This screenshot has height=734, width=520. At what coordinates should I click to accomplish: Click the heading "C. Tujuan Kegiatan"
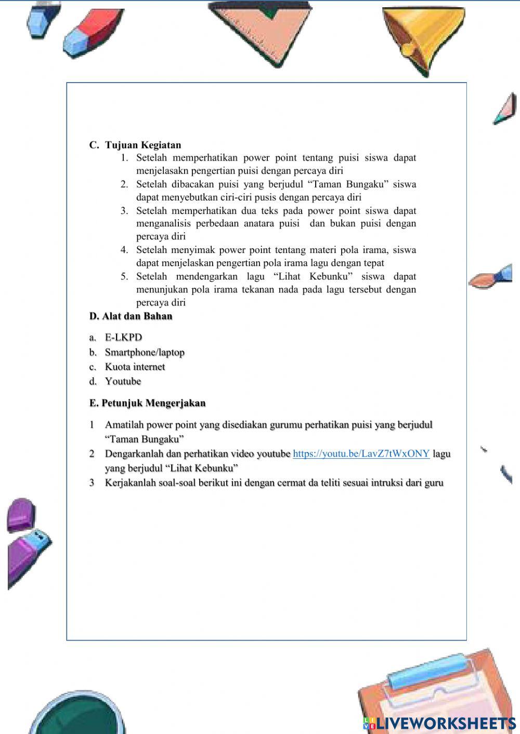click(135, 145)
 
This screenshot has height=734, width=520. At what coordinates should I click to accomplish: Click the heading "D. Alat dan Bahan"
click(131, 316)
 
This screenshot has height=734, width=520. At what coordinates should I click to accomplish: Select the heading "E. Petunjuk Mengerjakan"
click(147, 403)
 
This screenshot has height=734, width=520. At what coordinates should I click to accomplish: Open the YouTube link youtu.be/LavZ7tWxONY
click(361, 453)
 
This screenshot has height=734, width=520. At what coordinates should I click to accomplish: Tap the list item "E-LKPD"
click(123, 338)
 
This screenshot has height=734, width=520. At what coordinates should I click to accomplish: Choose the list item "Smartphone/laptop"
click(145, 352)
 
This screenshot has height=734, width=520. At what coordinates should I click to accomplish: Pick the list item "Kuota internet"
click(135, 367)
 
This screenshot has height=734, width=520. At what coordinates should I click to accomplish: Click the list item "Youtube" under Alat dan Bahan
click(123, 381)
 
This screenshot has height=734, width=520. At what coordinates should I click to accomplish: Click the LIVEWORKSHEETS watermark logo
click(439, 723)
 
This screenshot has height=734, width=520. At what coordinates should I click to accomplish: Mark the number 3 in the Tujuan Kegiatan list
click(124, 211)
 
